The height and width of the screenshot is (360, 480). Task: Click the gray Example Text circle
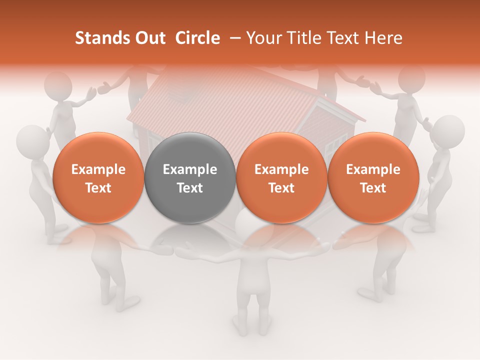click(189, 178)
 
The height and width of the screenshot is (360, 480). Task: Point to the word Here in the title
click(383, 38)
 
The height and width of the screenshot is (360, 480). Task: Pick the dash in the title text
click(233, 38)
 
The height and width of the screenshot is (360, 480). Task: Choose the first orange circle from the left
click(98, 178)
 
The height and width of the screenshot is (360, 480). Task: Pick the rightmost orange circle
click(373, 178)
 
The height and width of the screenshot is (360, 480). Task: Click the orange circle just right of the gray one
click(281, 178)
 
